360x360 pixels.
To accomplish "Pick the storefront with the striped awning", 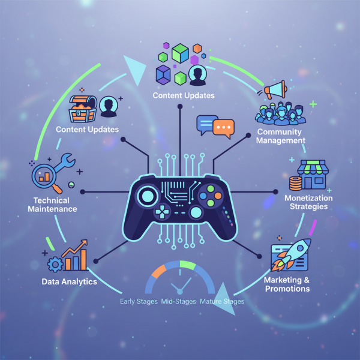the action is click(311, 175).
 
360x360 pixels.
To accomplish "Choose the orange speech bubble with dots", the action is click(223, 128).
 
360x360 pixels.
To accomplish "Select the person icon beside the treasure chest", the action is click(109, 106).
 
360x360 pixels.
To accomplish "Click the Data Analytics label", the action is click(69, 281).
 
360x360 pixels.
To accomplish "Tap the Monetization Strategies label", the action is click(306, 202).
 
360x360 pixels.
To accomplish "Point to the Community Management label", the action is click(281, 136).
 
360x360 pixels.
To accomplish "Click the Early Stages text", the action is click(139, 301).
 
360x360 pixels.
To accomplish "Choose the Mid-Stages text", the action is click(178, 301).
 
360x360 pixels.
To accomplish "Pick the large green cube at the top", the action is click(180, 54).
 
